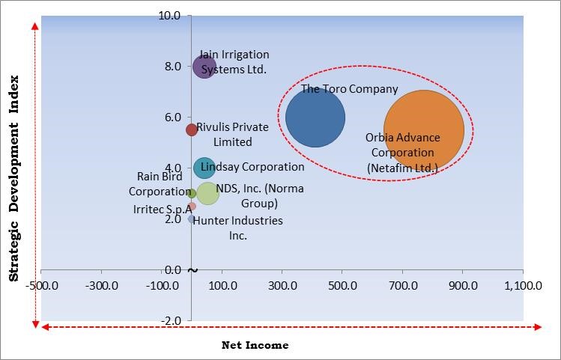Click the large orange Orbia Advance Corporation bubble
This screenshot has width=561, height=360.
(x=424, y=130)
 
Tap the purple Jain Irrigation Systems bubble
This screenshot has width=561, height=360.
(x=204, y=67)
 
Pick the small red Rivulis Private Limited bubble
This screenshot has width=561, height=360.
(x=192, y=129)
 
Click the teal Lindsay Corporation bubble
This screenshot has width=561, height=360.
(x=204, y=168)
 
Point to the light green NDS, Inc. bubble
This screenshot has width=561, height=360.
(x=207, y=192)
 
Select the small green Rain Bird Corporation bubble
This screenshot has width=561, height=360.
(x=192, y=193)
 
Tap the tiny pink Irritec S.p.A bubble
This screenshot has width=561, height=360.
(x=192, y=206)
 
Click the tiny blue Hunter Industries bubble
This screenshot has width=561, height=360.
(x=191, y=219)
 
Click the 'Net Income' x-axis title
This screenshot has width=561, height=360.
(x=255, y=345)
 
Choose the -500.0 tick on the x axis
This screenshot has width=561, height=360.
(x=41, y=285)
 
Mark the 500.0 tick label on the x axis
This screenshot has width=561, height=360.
(x=343, y=285)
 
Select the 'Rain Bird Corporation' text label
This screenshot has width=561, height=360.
(x=158, y=184)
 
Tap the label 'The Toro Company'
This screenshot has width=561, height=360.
(x=349, y=89)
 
